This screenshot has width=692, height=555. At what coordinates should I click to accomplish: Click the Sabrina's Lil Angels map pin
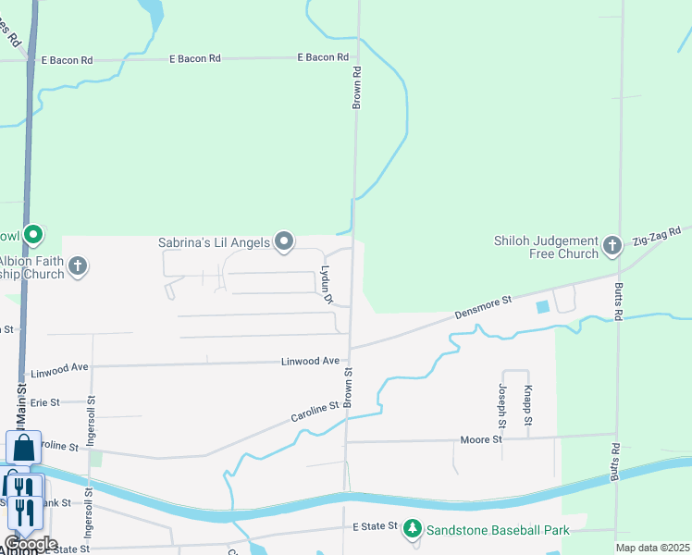(285, 242)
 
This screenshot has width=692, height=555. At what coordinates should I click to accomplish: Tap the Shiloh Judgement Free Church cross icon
(612, 245)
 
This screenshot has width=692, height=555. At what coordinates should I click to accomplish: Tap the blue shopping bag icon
(23, 447)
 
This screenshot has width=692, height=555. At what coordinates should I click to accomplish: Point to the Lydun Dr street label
(326, 287)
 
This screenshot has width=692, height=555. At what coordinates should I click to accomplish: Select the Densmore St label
(483, 309)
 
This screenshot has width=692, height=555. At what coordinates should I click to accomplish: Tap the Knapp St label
(527, 405)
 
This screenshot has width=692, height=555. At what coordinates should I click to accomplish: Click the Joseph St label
(502, 405)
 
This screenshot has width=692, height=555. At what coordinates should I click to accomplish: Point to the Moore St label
(481, 439)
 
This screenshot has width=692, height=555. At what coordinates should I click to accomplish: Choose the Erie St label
(44, 402)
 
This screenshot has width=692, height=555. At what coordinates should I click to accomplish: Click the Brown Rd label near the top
(356, 87)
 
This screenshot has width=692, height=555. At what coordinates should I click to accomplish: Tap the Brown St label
(349, 388)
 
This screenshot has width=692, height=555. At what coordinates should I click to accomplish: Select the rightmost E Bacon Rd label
(323, 57)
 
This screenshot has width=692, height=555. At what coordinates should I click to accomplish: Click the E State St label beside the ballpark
(375, 526)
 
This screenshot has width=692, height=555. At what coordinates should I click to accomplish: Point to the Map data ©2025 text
(652, 548)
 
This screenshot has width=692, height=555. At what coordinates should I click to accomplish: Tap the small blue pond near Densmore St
(542, 306)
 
